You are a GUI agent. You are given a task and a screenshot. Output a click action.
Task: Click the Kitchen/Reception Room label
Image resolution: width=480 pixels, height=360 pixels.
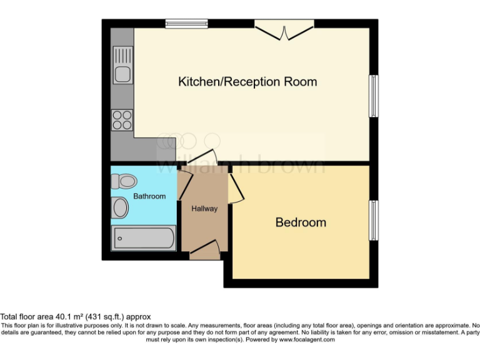247,82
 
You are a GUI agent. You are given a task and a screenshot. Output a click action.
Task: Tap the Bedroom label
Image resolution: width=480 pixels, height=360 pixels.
301,222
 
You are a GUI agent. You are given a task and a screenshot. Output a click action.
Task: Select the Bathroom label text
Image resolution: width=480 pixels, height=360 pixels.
149,196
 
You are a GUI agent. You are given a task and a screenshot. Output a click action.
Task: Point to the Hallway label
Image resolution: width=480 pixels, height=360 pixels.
204,209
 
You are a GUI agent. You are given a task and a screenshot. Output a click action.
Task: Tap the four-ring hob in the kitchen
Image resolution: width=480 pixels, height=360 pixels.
122,119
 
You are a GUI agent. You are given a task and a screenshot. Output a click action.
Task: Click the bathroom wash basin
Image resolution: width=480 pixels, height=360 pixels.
120,208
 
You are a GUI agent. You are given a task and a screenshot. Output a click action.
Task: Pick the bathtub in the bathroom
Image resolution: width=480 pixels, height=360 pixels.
143,239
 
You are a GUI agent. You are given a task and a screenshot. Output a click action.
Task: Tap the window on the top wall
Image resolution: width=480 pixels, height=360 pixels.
187,24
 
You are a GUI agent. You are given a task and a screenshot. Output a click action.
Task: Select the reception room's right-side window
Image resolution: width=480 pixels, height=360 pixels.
374,96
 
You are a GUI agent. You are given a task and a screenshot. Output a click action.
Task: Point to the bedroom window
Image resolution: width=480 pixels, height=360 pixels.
374,221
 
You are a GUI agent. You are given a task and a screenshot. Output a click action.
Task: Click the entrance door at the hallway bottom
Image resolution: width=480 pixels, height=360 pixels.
204,251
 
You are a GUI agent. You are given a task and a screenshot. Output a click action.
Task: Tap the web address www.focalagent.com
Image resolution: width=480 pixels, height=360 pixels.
307,340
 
